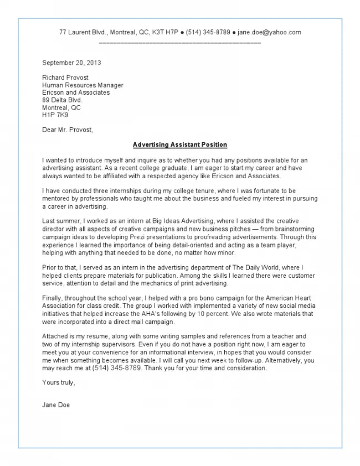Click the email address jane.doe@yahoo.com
point(269,32)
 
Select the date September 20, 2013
point(71,63)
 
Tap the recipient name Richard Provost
point(65,78)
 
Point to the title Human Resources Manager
point(83,85)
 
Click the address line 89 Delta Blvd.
point(62,100)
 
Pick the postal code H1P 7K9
point(55,115)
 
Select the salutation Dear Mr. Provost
point(68,130)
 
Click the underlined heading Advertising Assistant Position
point(180,145)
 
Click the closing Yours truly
point(58,382)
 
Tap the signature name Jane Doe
point(56,405)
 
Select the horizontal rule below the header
point(180,42)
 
